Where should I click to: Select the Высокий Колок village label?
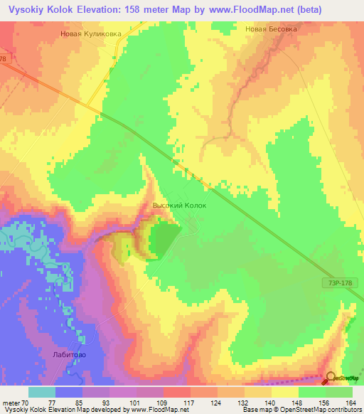coord(179,206)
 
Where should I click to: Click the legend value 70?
coord(27,402)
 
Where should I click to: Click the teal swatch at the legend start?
coord(41,391)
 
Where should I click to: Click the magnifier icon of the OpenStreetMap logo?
coord(331,378)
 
